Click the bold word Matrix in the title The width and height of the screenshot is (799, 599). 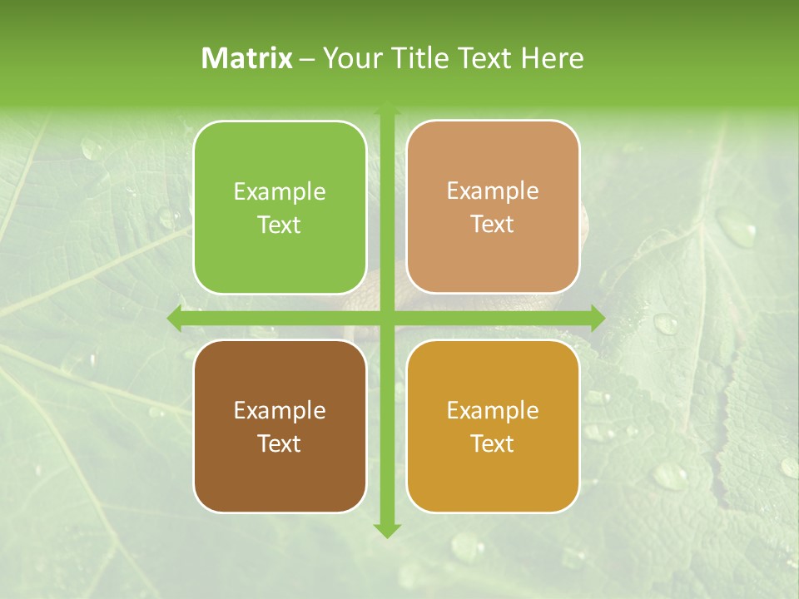pyautogui.click(x=247, y=58)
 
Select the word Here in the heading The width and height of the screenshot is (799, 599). pyautogui.click(x=553, y=58)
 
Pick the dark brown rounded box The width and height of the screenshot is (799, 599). pyautogui.click(x=280, y=474)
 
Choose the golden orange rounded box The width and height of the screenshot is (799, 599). pyautogui.click(x=493, y=474)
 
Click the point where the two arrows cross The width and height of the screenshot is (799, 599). pyautogui.click(x=386, y=318)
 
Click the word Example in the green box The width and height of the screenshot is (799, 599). pyautogui.click(x=280, y=192)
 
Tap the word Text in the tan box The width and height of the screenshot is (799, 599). pyautogui.click(x=493, y=225)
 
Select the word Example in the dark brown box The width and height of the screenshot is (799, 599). pyautogui.click(x=280, y=411)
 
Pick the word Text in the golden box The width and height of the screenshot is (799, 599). pyautogui.click(x=493, y=443)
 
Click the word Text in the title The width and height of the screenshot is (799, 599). pyautogui.click(x=483, y=58)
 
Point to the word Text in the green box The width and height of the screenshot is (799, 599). pyautogui.click(x=280, y=225)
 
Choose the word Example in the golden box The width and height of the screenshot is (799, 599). pyautogui.click(x=493, y=411)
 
